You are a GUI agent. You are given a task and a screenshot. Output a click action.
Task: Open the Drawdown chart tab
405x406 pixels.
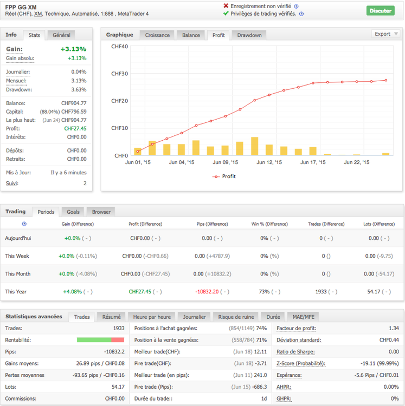[249, 35]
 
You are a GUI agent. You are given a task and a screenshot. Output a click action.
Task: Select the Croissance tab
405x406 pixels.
[157, 35]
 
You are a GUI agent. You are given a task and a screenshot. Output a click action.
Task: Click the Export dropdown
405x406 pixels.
[385, 34]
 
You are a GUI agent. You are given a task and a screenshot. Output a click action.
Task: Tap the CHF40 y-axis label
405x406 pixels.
[119, 47]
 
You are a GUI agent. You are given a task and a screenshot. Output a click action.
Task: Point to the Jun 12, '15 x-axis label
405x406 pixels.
[269, 162]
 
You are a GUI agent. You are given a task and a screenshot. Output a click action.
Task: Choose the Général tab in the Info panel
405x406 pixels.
[61, 35]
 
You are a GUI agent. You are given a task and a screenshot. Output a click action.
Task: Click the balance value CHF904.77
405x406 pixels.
[74, 103]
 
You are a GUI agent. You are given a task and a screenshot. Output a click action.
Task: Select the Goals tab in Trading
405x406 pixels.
[73, 212]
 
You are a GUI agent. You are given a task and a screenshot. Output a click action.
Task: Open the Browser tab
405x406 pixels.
[101, 212]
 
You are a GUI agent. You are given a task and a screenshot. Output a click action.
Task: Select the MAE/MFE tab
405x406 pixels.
[303, 317]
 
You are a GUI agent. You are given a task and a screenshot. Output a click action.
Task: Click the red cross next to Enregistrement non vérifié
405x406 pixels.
[226, 6]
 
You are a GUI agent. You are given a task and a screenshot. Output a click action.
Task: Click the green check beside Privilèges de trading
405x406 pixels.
[226, 14]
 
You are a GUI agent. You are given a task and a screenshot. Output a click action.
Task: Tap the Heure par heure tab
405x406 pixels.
[151, 317]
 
